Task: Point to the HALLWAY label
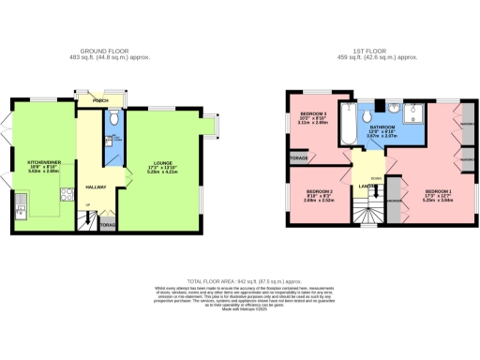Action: (97, 187)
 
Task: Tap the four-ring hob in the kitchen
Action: (67, 195)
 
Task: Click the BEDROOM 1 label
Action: (438, 192)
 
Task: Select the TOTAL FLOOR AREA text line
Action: (239, 279)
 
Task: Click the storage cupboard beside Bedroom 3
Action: (298, 158)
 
